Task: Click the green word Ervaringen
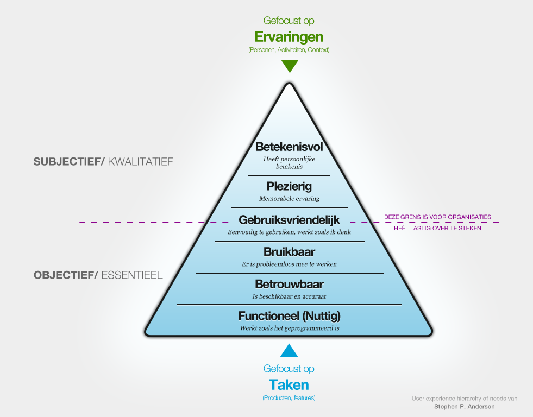[x=289, y=37]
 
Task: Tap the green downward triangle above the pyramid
[x=290, y=66]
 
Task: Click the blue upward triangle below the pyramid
[x=289, y=350]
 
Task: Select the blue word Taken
[x=289, y=385]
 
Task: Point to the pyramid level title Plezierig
[x=289, y=187]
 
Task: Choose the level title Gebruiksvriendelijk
[x=289, y=220]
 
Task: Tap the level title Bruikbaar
[x=289, y=252]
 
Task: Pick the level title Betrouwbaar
[x=289, y=284]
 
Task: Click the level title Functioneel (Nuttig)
[x=289, y=315]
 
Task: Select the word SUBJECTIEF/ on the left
[x=69, y=161]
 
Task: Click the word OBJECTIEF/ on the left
[x=66, y=275]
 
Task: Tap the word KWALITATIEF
[x=140, y=161]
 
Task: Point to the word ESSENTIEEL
[x=131, y=275]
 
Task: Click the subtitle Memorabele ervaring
[x=289, y=199]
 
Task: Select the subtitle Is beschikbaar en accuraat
[x=289, y=296]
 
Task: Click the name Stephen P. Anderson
[x=465, y=406]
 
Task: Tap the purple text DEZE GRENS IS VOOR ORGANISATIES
[x=437, y=217]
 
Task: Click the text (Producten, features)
[x=289, y=398]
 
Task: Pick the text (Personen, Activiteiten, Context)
[x=289, y=50]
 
